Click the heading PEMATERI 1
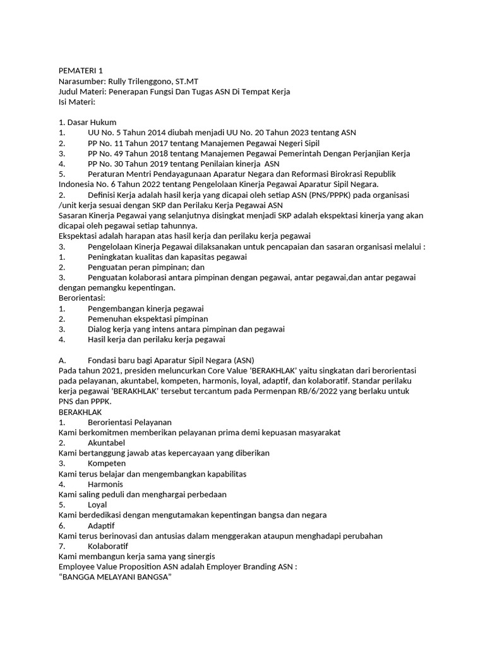point(80,71)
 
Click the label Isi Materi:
point(76,102)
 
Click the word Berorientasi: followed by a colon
point(81,298)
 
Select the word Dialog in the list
point(100,329)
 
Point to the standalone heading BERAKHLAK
point(80,412)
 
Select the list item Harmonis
point(105,484)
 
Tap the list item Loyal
point(97,505)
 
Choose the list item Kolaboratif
point(108,546)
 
